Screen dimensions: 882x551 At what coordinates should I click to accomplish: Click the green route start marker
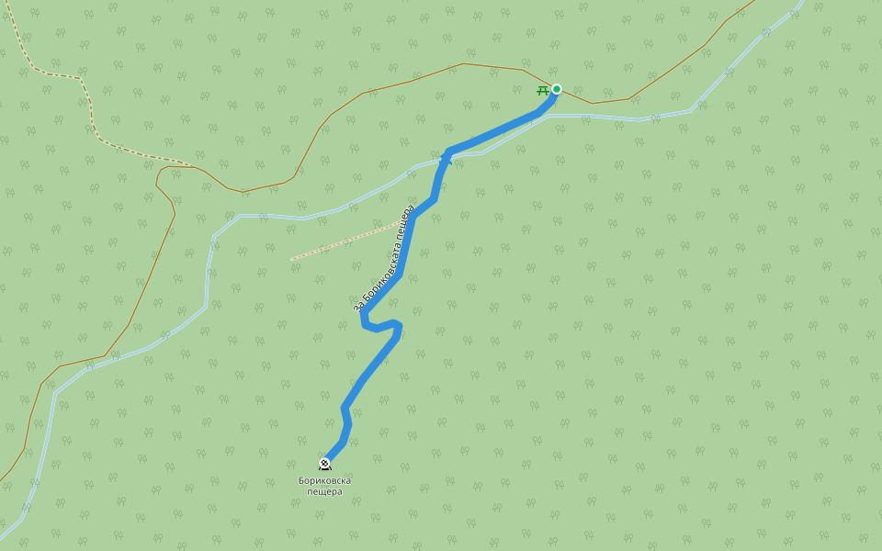[x=556, y=89]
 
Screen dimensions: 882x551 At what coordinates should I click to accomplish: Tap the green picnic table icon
[x=542, y=90]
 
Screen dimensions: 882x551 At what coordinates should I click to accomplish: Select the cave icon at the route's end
[x=324, y=464]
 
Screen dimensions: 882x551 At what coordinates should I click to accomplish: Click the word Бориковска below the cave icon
[x=324, y=480]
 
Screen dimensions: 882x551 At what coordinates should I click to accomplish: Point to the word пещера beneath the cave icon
[x=324, y=491]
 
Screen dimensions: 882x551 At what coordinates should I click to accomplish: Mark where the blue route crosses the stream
[x=446, y=159]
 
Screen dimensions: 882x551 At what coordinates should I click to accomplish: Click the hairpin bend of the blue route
[x=367, y=323]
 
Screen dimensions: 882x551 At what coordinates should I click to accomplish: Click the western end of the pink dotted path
[x=292, y=259]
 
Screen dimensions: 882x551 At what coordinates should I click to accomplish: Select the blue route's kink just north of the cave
[x=345, y=408]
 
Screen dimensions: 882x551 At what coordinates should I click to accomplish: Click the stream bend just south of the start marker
[x=549, y=116]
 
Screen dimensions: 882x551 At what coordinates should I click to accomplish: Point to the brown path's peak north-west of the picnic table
[x=463, y=63]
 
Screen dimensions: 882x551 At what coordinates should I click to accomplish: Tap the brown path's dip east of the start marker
[x=591, y=103]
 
